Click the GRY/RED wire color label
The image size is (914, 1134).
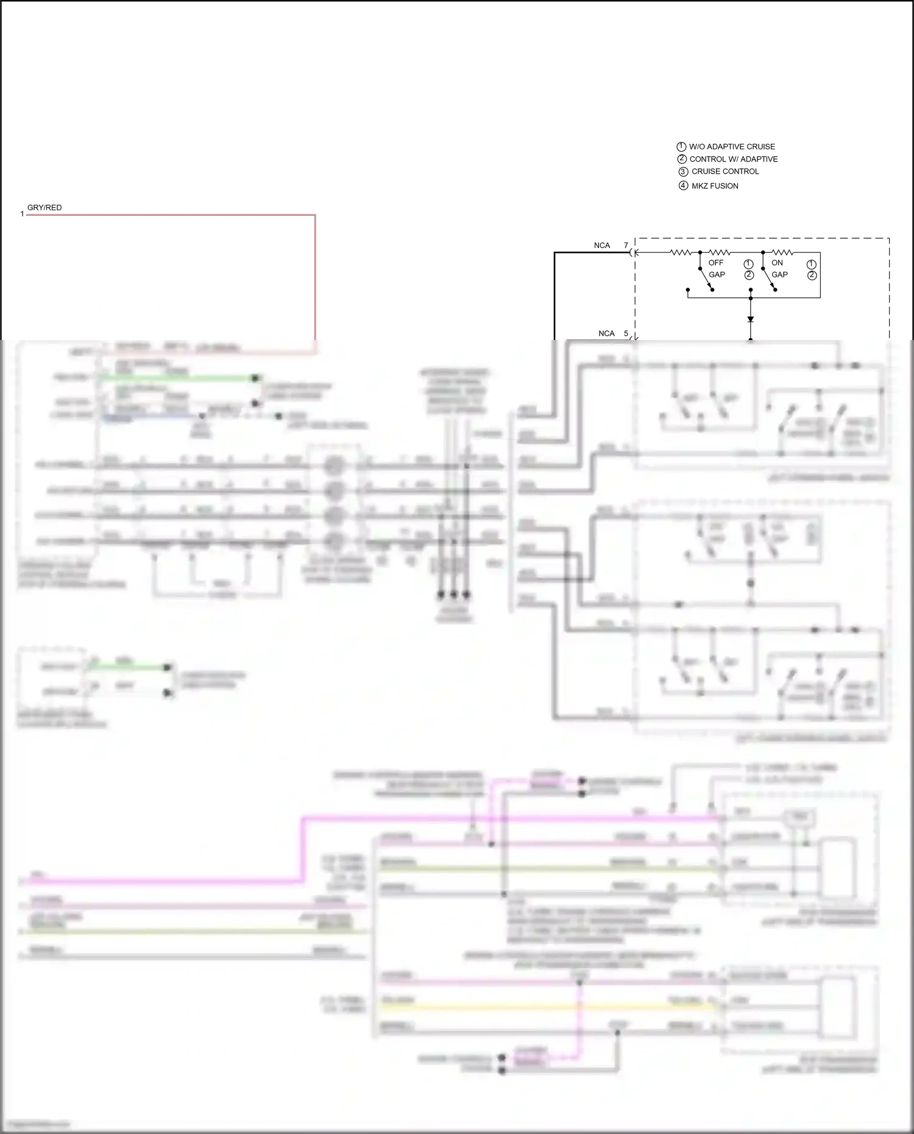pos(44,208)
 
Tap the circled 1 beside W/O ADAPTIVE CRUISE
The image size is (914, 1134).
pos(681,147)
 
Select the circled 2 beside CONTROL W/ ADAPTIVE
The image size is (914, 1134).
pos(682,159)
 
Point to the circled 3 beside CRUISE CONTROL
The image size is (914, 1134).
pos(683,172)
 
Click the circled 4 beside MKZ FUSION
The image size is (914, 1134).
pos(683,186)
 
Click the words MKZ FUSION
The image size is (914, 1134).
pos(715,186)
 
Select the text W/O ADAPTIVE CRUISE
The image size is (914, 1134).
pos(732,147)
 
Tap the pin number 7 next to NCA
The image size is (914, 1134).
pos(626,246)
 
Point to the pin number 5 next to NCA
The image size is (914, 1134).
pos(626,333)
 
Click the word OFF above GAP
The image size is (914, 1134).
pos(716,263)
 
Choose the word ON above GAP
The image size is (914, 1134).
pos(777,263)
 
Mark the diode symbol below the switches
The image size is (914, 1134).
pos(751,319)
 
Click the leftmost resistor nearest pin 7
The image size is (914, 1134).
pos(681,252)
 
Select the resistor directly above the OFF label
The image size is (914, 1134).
pos(720,252)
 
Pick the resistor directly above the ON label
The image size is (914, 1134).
pos(782,252)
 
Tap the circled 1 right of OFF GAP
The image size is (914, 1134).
pos(749,264)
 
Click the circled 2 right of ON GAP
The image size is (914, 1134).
pos(812,275)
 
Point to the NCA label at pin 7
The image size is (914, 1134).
pos(602,246)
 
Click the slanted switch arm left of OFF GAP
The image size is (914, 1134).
pos(706,278)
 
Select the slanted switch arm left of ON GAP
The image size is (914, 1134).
pos(768,278)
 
